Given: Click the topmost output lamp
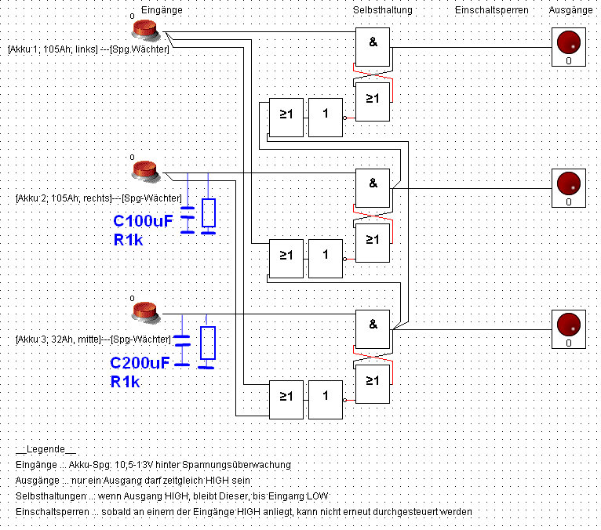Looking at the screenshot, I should click(x=568, y=42).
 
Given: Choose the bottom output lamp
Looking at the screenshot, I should click(x=568, y=325).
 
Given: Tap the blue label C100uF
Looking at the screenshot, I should click(x=142, y=222).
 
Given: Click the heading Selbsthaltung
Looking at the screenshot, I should click(x=382, y=10).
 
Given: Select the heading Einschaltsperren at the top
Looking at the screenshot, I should click(x=491, y=10).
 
